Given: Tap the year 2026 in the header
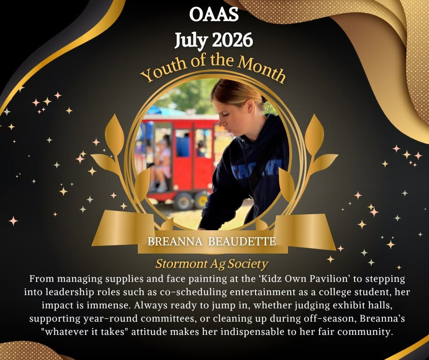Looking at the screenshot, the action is tap(232, 40).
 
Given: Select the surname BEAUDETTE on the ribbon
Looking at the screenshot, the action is tap(242, 242).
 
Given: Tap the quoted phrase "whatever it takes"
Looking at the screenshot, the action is tap(85, 332).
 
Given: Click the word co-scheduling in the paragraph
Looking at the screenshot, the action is tap(193, 292).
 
